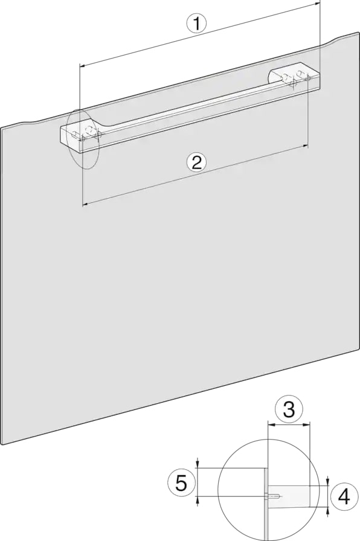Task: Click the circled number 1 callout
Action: (196, 24)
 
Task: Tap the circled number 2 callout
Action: (196, 162)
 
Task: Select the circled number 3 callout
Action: (289, 409)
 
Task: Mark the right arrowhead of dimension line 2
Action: (305, 146)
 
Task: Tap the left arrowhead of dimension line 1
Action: (83, 65)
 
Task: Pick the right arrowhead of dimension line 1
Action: (317, 4)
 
